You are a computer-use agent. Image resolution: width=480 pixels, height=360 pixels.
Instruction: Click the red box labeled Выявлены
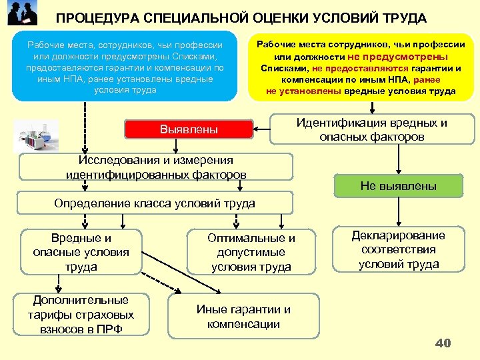click(x=189, y=129)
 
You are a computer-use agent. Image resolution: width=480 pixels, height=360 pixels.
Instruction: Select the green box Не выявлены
click(x=398, y=186)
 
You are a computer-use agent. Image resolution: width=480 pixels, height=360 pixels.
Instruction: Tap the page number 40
click(x=443, y=343)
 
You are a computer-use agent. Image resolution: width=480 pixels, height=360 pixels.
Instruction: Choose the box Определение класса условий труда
click(x=156, y=203)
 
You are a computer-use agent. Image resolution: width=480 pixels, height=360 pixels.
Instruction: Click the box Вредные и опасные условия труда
click(x=81, y=252)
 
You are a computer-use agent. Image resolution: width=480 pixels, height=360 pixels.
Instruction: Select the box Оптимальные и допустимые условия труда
click(x=251, y=252)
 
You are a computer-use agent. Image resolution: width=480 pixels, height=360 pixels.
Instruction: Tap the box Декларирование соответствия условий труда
click(x=399, y=249)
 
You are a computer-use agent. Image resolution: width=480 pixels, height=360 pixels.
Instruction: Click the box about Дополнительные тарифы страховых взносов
click(x=81, y=314)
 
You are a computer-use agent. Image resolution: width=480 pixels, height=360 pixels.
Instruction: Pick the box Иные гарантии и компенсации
click(x=243, y=317)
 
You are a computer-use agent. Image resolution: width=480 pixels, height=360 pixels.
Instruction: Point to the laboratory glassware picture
click(x=37, y=137)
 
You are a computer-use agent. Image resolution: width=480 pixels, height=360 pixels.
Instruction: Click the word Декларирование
click(x=399, y=235)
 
